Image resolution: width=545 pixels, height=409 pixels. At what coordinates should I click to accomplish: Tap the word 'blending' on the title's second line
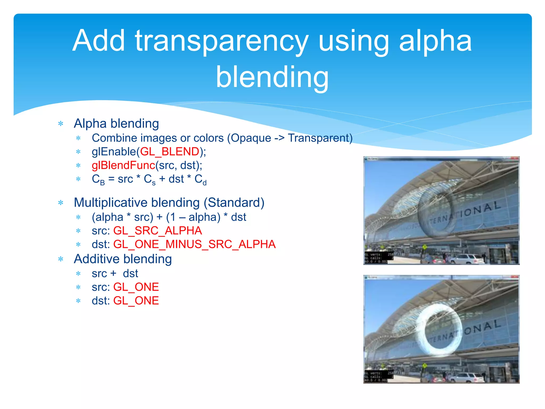[272, 77]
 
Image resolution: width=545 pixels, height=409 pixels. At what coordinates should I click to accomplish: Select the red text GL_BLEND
[170, 152]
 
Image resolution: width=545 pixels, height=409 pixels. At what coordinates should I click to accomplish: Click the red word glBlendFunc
[123, 165]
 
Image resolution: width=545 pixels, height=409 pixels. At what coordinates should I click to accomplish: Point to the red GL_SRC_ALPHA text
[158, 231]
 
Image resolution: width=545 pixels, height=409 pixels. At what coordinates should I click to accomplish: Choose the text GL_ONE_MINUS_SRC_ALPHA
[194, 244]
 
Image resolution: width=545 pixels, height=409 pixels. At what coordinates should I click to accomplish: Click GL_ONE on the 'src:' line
[136, 287]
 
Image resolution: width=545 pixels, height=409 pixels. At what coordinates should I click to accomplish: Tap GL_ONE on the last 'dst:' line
[136, 301]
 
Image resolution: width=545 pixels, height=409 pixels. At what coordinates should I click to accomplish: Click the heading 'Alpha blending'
[116, 124]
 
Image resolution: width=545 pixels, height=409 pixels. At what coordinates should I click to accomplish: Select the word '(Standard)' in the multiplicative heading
[234, 203]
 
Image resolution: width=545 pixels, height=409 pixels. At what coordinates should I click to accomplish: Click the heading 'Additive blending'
[123, 259]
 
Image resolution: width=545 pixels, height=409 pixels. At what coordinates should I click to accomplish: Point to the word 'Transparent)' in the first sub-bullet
[320, 138]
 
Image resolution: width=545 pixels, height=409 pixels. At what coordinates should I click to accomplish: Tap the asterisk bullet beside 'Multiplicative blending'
[61, 203]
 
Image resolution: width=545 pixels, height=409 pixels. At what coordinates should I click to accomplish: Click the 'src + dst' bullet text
[115, 274]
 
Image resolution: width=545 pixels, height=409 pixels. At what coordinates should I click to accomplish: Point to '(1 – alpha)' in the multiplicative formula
[193, 217]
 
